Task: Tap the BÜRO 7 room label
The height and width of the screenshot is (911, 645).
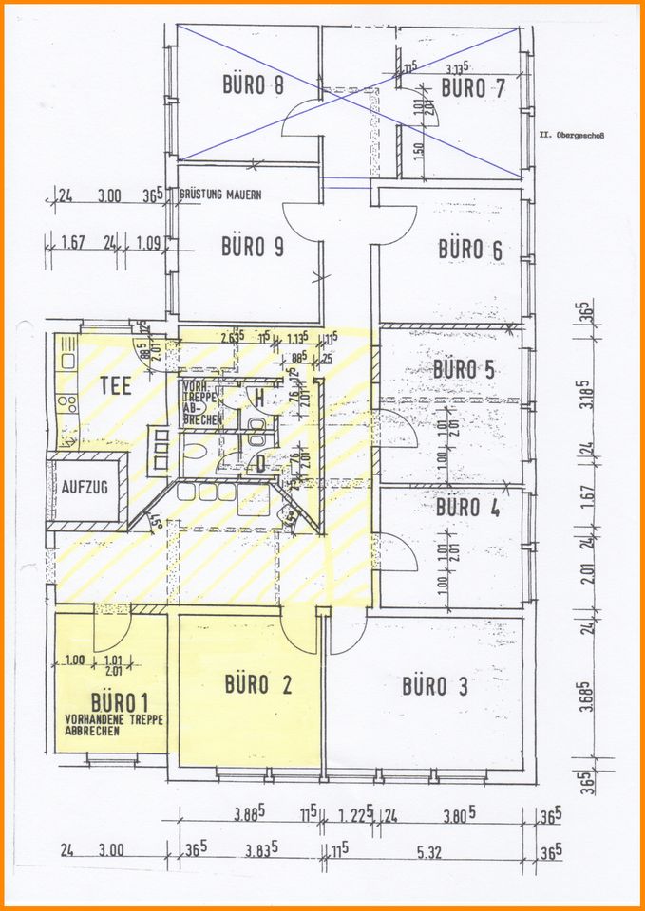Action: (x=476, y=88)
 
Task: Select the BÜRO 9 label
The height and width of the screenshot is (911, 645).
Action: (x=253, y=247)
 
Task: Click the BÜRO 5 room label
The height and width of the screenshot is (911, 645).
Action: (x=464, y=368)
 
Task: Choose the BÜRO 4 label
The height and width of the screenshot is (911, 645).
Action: (x=467, y=507)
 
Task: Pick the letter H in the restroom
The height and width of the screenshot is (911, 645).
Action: (x=257, y=398)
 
